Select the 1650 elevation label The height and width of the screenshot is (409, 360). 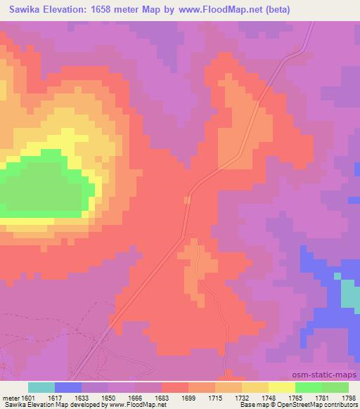point(109,397)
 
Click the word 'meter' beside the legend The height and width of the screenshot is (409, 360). point(11,397)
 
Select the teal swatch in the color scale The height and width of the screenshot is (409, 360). point(41,387)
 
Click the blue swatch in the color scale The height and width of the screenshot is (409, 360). point(68,387)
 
